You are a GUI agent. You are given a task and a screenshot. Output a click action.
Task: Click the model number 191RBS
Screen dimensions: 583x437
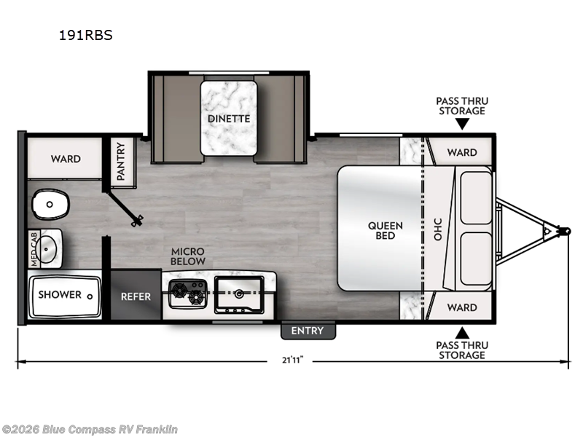85,35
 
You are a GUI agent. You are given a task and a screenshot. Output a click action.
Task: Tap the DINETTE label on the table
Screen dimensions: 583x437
229,119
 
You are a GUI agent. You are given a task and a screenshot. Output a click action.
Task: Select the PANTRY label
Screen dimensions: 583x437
121,161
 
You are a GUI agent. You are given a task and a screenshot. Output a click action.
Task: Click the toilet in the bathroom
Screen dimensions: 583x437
50,204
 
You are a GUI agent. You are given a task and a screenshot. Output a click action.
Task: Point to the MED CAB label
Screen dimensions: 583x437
34,249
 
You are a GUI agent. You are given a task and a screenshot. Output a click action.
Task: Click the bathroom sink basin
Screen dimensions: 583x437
47,249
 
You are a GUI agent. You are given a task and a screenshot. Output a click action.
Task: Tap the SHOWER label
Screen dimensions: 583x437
60,295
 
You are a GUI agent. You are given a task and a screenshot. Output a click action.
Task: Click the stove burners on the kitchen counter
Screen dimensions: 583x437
188,294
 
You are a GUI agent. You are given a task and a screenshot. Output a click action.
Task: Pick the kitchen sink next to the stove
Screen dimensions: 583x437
239,295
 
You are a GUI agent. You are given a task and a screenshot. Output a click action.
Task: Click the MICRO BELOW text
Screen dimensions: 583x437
188,256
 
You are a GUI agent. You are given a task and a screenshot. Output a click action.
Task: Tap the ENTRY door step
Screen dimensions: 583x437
308,331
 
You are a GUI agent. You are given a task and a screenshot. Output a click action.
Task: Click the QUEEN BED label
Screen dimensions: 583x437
386,230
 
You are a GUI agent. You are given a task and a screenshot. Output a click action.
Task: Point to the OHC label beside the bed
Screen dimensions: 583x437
438,229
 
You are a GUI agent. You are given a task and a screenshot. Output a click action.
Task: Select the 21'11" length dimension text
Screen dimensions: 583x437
293,360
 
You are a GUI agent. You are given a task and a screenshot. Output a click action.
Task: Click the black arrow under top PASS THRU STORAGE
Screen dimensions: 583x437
462,124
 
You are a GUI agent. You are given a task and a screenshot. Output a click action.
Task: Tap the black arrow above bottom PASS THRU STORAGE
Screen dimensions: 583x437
462,333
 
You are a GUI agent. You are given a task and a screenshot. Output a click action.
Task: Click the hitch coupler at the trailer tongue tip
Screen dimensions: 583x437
566,231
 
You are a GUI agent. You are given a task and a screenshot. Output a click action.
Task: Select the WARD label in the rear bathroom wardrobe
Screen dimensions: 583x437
66,159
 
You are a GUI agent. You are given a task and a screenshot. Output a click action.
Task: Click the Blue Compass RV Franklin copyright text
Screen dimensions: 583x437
89,430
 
